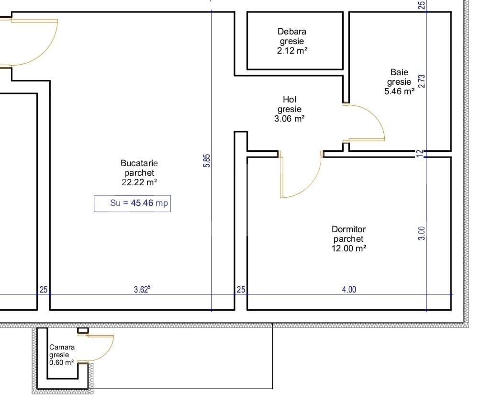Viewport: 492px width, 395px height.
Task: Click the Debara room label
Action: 291,32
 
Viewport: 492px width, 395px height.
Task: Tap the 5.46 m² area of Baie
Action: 399,91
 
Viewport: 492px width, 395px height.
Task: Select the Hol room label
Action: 289,100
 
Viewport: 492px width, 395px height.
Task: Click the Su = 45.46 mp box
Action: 132,203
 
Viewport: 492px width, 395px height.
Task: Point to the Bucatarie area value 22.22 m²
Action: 139,182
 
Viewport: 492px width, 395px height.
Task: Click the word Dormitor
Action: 348,229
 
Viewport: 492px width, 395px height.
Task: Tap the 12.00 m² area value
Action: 348,248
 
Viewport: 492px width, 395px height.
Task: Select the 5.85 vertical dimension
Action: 207,160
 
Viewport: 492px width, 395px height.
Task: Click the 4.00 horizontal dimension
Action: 348,289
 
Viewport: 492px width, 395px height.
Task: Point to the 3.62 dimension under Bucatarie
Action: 142,289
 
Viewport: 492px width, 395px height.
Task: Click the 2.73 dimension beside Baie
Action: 422,81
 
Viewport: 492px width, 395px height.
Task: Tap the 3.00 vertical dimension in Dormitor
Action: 422,233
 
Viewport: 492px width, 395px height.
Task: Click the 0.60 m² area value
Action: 62,362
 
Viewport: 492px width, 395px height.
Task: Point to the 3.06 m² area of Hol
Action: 289,119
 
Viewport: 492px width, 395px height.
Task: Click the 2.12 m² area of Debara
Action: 291,50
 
